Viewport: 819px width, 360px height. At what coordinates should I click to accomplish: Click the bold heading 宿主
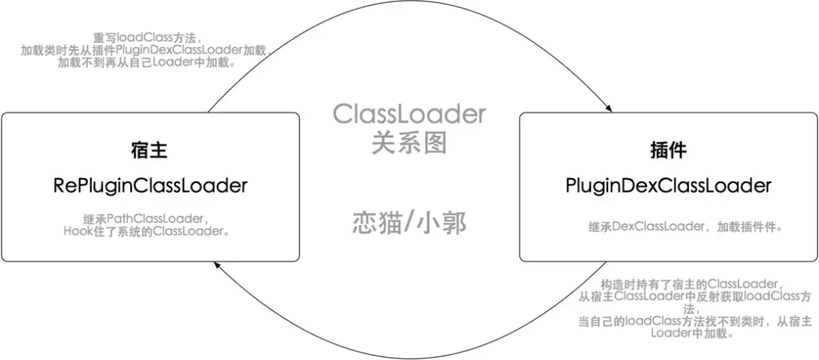pos(149,151)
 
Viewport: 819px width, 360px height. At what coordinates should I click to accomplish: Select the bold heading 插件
pos(668,151)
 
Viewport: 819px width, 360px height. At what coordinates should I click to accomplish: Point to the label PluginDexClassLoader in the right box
pos(668,186)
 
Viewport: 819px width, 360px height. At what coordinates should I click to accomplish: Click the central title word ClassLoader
pos(409,114)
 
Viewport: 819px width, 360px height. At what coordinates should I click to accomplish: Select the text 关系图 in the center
pos(409,142)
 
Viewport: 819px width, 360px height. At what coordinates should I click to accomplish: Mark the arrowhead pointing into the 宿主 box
pos(217,265)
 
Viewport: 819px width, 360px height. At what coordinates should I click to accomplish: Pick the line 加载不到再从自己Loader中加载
pos(147,63)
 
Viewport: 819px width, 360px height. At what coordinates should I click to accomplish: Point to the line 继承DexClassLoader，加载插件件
pos(686,227)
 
